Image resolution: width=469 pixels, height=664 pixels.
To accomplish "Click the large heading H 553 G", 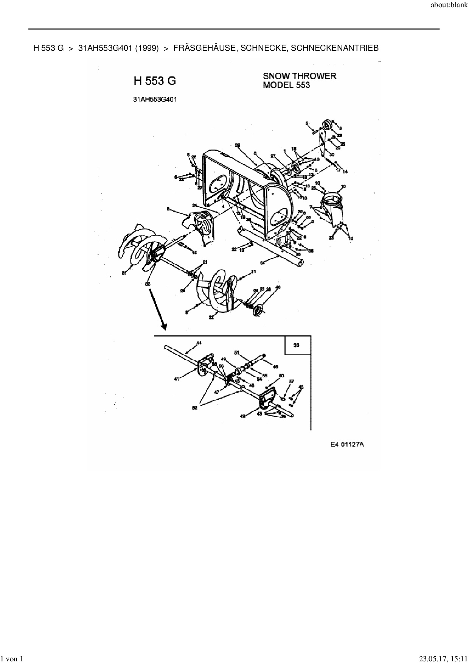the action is coord(155,81).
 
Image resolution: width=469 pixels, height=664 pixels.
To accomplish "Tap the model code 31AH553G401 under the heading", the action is coord(155,100).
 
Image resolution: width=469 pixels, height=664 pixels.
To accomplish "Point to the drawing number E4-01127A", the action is coord(347,444).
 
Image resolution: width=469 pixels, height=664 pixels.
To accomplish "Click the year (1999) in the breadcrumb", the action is coord(146,48).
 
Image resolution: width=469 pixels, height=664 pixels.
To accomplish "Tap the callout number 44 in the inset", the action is coord(199,343).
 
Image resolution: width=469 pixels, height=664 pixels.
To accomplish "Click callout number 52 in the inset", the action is coord(194,408).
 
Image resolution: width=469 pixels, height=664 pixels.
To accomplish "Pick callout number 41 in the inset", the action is coord(177,379).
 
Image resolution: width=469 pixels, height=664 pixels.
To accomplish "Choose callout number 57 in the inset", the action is coord(292,381).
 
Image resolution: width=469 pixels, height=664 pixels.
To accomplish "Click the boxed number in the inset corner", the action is coord(297,345).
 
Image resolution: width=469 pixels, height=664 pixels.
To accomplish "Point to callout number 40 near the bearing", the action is coord(278,288).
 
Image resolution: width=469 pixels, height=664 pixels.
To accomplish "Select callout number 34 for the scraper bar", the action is coord(263,262).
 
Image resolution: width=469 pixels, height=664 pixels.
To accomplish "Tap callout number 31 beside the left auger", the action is coord(124,273).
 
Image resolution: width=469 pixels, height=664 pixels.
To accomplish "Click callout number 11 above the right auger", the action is coord(253,271).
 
